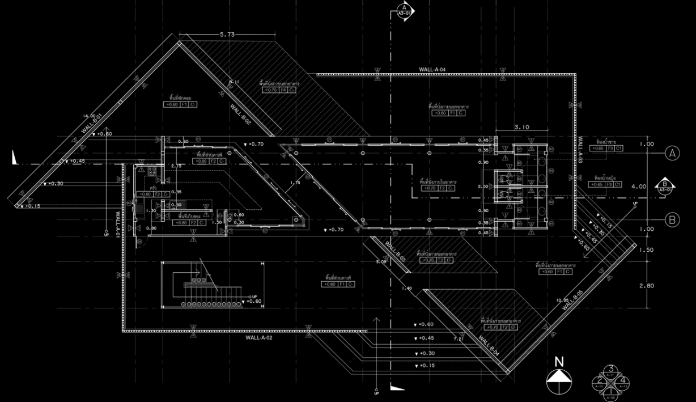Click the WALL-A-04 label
click(x=432, y=70)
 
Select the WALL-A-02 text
click(x=259, y=337)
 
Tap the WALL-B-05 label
click(x=572, y=300)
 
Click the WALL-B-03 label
click(x=394, y=253)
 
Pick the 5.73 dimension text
click(x=227, y=35)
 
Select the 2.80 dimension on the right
click(x=646, y=286)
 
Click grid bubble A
click(x=672, y=153)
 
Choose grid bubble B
click(x=672, y=219)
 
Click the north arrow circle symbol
click(x=558, y=382)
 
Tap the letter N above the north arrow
click(x=559, y=362)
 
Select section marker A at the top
click(x=405, y=11)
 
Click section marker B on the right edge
click(x=664, y=185)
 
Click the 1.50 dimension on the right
click(x=646, y=250)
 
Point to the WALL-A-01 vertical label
click(x=117, y=224)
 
